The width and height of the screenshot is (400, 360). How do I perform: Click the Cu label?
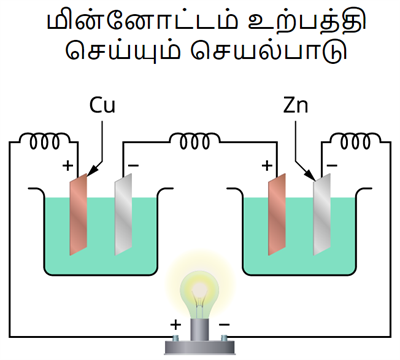coord(102,104)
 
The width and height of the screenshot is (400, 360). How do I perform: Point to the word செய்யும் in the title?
coord(124,55)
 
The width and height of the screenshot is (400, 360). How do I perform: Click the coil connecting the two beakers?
coord(200,145)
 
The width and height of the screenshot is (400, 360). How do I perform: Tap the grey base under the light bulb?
coord(200,335)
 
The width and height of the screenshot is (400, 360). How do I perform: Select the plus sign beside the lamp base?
coord(176,325)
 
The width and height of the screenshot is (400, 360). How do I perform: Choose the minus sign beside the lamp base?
coord(224,325)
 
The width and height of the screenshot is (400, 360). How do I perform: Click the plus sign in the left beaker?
coord(67,166)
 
